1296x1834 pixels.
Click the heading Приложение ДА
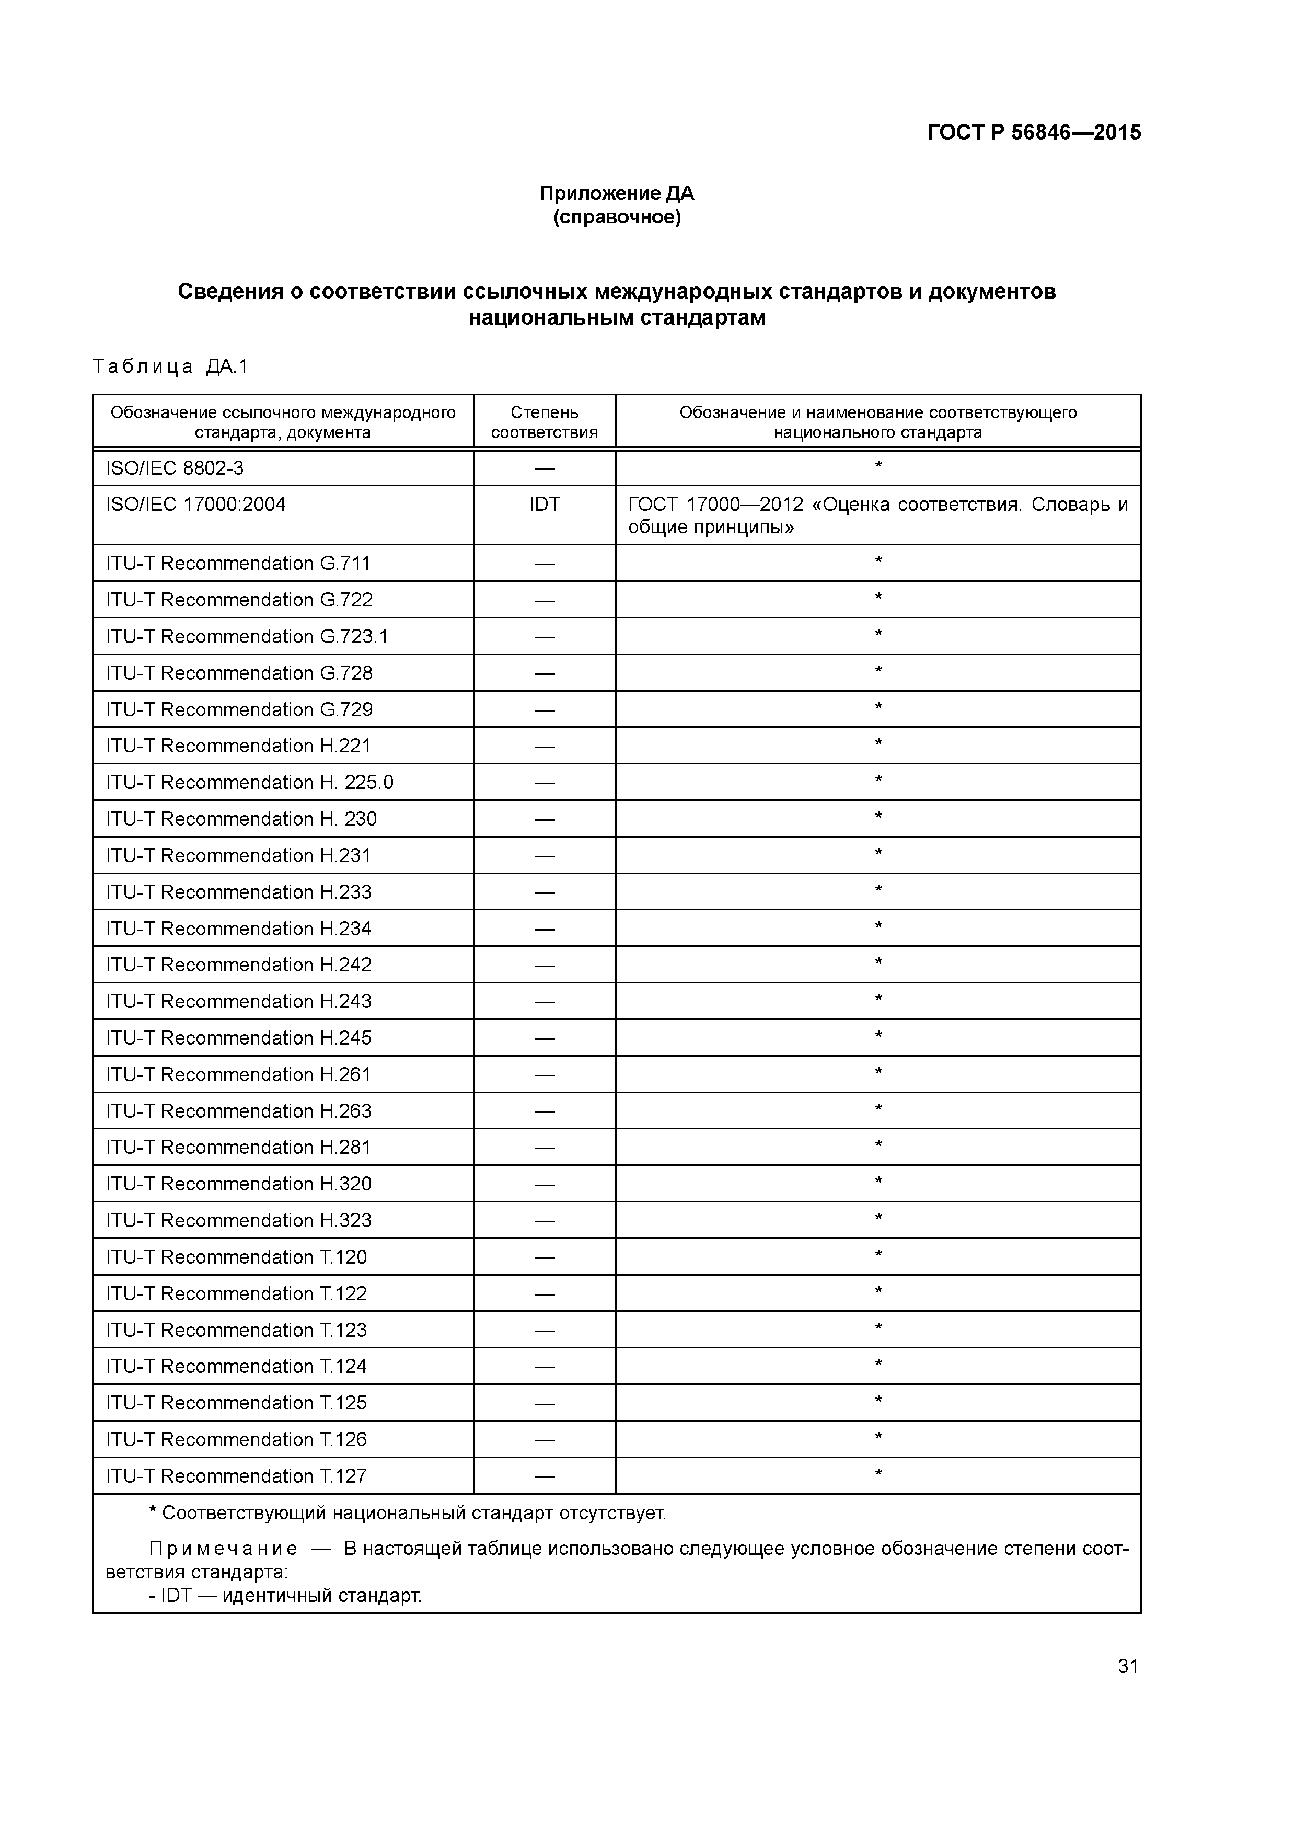617,193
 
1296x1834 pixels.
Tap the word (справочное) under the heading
617,217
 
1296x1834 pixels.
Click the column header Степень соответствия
544,422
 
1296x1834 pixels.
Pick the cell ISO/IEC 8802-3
175,468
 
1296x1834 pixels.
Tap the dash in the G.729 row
544,710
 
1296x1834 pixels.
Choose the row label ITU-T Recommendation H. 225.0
249,783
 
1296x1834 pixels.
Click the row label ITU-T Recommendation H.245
239,1038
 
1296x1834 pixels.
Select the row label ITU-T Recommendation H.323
239,1221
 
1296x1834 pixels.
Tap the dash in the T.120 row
544,1258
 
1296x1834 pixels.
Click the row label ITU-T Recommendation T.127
236,1476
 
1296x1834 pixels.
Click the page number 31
1128,1666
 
